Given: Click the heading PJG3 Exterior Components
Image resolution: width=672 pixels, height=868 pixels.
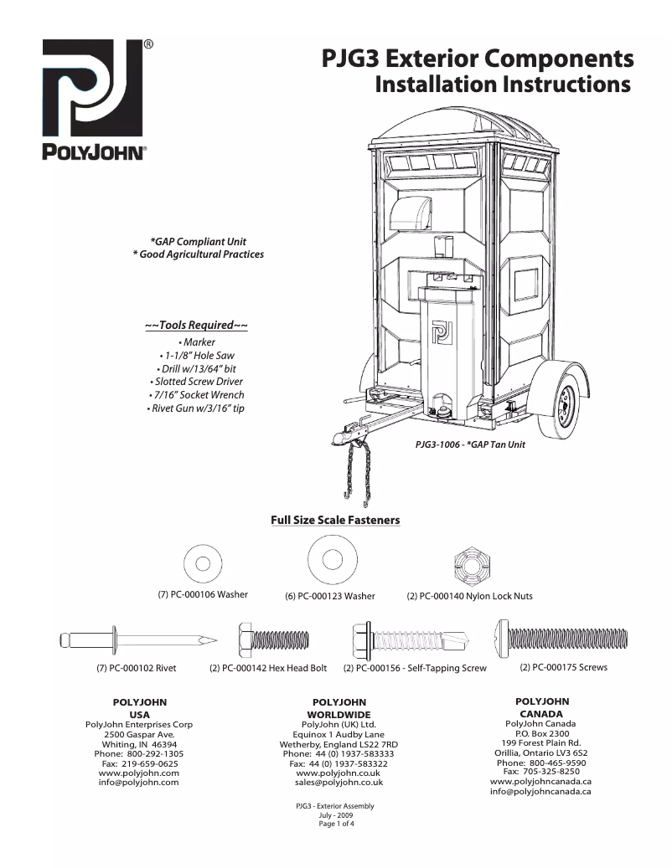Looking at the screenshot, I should (x=478, y=59).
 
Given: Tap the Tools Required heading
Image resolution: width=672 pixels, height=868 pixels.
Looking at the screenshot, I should (x=197, y=325).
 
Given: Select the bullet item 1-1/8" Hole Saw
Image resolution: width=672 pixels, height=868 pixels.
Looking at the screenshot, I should (x=197, y=356).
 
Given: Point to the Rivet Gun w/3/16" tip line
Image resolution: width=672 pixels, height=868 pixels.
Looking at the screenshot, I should (x=197, y=408).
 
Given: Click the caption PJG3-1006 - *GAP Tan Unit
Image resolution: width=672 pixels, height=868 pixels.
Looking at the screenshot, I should (x=470, y=444).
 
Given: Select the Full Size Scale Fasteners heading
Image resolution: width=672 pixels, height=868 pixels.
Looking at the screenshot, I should (x=335, y=520).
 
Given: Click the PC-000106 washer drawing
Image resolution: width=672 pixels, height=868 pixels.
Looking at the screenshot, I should (x=203, y=562).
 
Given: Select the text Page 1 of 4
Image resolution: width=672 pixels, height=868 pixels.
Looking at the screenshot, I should (x=335, y=824).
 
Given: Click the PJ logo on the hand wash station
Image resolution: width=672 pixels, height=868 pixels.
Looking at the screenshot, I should (x=441, y=331).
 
